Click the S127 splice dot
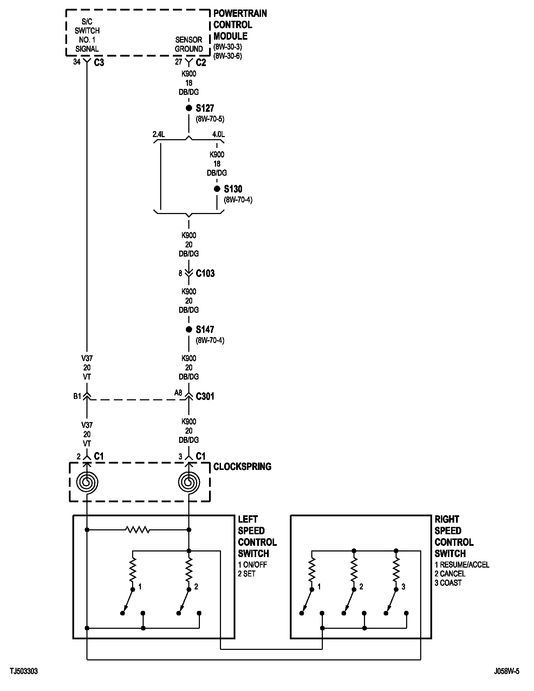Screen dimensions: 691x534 coord(189,108)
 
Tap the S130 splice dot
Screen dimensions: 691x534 coord(217,189)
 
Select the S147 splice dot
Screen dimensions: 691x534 coord(189,329)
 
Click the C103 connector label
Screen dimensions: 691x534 coord(205,273)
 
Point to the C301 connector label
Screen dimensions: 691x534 coord(205,396)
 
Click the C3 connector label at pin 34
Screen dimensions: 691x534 coord(99,63)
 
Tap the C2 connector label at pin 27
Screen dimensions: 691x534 coord(201,63)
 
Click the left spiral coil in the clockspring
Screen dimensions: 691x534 coord(87,482)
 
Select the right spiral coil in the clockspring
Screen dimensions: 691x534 coord(189,482)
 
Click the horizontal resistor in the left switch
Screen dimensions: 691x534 coord(138,530)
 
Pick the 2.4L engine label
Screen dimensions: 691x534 coord(159,134)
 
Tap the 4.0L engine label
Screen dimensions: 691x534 coord(219,134)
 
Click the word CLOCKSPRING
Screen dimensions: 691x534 coord(242,467)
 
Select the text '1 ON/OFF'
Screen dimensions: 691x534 coord(252,564)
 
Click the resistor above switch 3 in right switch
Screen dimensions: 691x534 coord(396,571)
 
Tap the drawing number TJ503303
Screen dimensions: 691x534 coord(24,671)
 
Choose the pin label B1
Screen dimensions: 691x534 coord(77,396)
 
